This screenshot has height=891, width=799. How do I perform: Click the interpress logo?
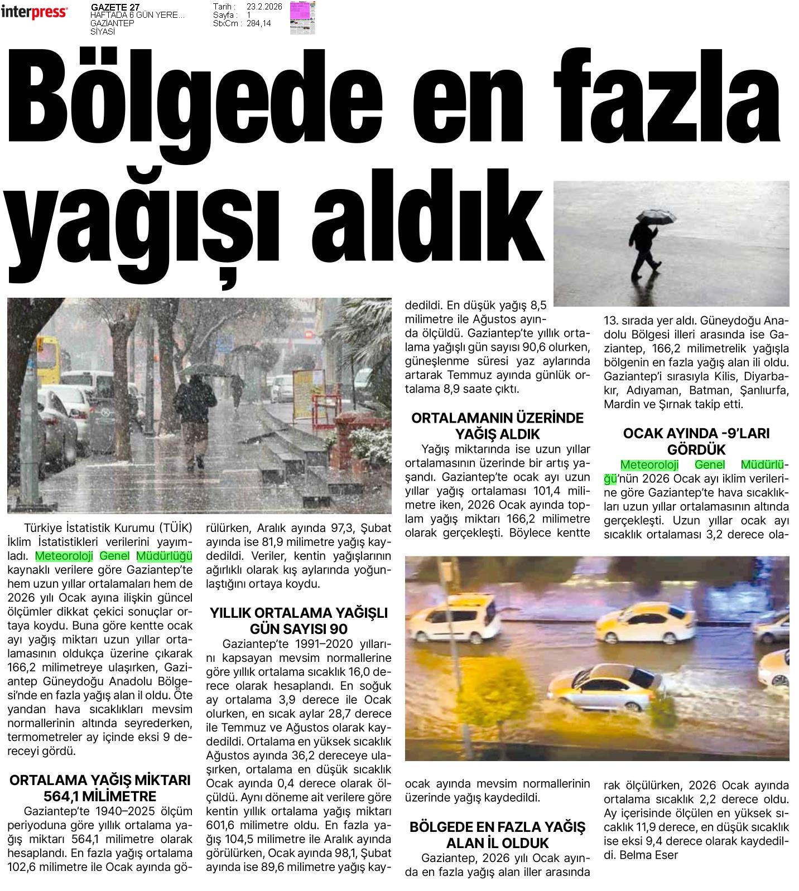pos(35,12)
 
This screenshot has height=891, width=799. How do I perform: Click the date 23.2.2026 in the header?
pos(264,7)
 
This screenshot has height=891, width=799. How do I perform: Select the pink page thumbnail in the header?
pos(302,18)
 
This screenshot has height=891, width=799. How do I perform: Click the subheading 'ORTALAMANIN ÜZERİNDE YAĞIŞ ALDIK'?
pos(497,425)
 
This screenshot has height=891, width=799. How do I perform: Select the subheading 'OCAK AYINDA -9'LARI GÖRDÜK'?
pos(696,441)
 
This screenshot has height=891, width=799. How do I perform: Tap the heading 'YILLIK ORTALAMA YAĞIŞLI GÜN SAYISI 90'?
pos(299,621)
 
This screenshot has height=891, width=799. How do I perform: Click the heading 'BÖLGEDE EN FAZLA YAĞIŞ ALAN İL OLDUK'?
pos(497,835)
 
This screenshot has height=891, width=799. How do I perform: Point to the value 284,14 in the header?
pos(259,23)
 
